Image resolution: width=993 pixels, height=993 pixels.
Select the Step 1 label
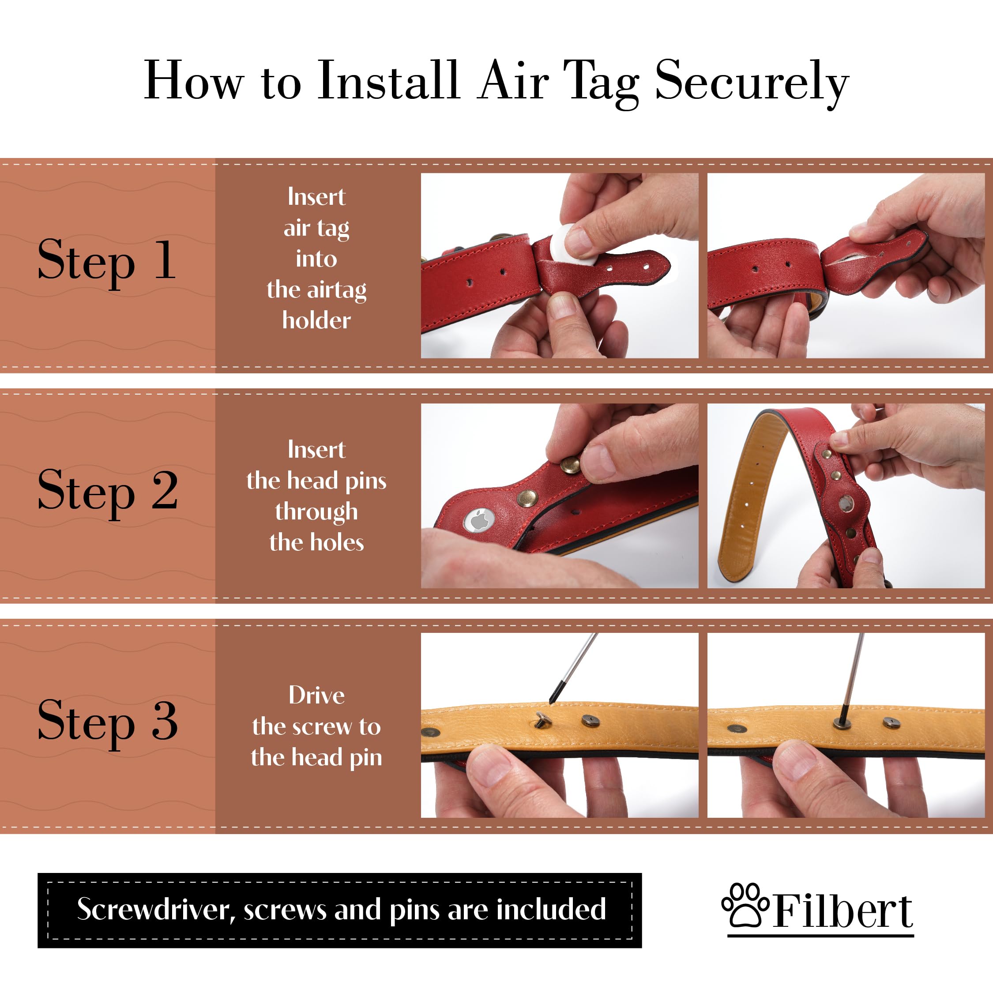[107, 261]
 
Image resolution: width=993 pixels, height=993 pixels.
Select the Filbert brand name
[843, 912]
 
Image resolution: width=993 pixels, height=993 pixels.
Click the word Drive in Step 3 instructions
[316, 695]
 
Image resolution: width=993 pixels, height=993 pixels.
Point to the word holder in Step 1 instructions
[316, 320]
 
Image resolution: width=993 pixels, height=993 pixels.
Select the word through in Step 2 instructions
[316, 512]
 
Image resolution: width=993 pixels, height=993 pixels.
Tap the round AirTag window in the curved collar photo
[846, 503]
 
